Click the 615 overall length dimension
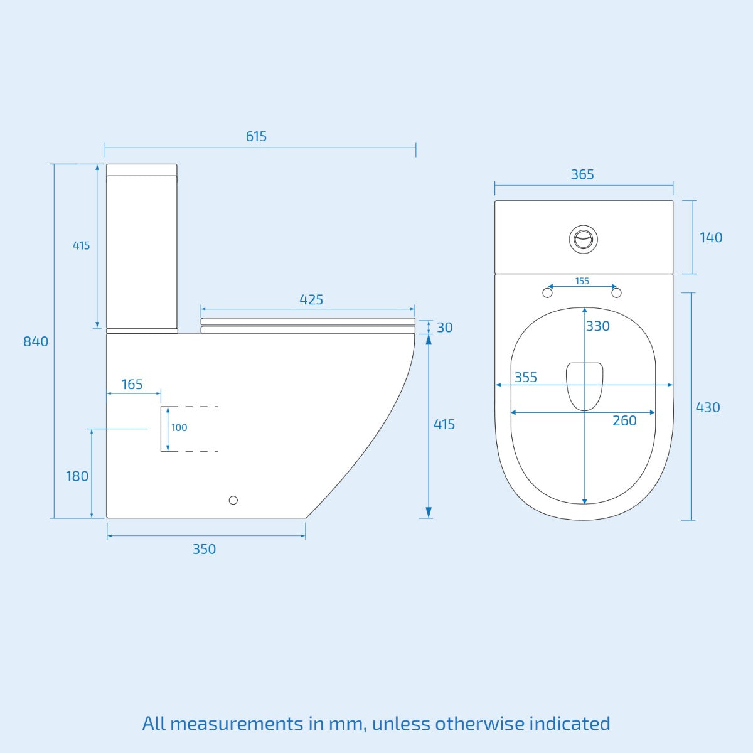[256, 136]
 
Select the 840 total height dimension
[36, 341]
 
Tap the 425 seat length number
[311, 300]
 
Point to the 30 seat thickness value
[444, 328]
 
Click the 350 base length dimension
[204, 549]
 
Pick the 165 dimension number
[132, 384]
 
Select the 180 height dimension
[77, 476]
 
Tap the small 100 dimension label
[179, 428]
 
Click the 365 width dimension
[582, 174]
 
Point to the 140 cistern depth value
[711, 237]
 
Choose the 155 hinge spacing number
[582, 281]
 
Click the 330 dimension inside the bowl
[598, 326]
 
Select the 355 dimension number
[526, 377]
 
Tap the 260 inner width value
[624, 420]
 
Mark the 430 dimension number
[708, 407]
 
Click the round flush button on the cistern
[583, 239]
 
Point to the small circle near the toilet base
[233, 500]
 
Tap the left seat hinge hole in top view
[547, 293]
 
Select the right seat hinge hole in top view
[616, 293]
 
